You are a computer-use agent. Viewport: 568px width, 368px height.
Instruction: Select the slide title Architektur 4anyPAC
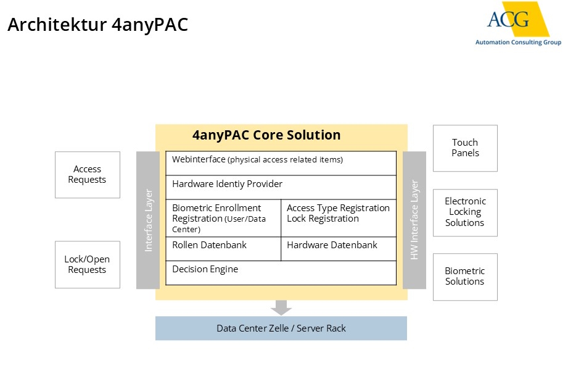(97, 25)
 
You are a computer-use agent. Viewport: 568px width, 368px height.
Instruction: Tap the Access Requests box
(88, 175)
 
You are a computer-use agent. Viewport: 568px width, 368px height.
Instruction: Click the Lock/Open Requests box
(88, 264)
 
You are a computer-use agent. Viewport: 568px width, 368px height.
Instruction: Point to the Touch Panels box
(465, 148)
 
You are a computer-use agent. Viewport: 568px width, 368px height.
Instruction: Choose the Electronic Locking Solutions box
(465, 212)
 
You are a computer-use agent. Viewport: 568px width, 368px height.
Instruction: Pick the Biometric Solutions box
(465, 277)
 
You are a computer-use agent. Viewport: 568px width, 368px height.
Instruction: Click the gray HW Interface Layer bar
(414, 220)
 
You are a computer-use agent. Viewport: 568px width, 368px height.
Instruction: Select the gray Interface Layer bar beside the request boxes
(148, 220)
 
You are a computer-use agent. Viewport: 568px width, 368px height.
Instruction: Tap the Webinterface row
(281, 163)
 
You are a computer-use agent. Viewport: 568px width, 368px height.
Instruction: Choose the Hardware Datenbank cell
(339, 249)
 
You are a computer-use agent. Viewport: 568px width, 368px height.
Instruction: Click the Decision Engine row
(281, 272)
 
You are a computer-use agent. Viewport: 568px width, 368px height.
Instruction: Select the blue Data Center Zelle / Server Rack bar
(281, 328)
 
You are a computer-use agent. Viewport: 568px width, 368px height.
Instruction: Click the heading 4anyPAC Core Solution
(266, 135)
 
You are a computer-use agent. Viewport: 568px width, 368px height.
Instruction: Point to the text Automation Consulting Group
(518, 43)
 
